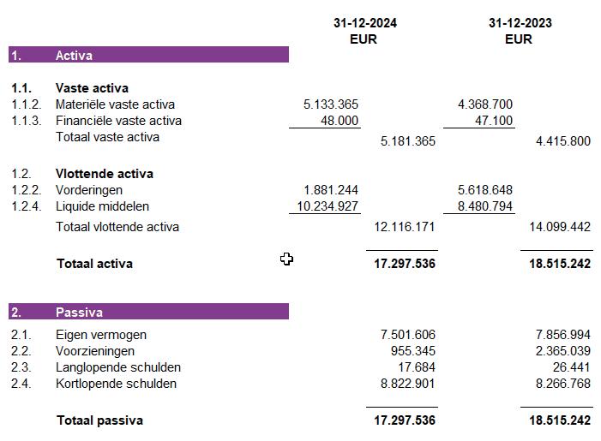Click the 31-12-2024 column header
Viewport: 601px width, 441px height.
click(x=364, y=23)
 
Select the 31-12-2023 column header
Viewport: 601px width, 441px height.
click(x=519, y=23)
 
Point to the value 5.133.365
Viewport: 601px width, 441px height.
click(x=331, y=104)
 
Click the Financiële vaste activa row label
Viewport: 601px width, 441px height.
click(x=118, y=121)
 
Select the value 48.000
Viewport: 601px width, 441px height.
click(x=340, y=121)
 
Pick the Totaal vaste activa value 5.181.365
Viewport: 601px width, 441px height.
click(x=407, y=140)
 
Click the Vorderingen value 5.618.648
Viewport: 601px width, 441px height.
click(x=485, y=190)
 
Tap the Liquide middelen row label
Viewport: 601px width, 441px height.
click(x=102, y=206)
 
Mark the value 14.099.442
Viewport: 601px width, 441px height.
click(x=562, y=228)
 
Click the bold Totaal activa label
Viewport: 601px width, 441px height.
click(x=94, y=264)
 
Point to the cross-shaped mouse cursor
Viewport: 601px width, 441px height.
click(x=286, y=259)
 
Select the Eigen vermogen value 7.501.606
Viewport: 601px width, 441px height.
click(x=407, y=336)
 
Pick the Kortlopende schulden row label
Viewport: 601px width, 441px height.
click(x=116, y=384)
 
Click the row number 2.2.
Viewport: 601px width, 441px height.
click(x=21, y=352)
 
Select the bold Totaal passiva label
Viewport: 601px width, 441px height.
click(x=99, y=420)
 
